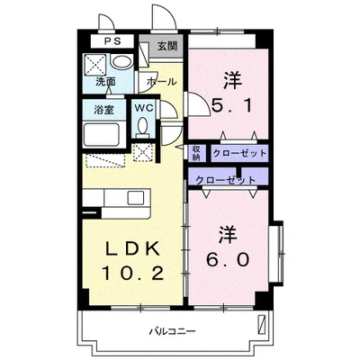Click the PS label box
(112, 41)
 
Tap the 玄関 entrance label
(167, 46)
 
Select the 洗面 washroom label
(105, 82)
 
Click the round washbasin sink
(121, 63)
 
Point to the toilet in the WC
(143, 126)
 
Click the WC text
(144, 108)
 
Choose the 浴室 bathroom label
(104, 110)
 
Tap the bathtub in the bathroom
(102, 135)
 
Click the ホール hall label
(161, 81)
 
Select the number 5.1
(231, 105)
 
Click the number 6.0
(228, 259)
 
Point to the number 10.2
(133, 273)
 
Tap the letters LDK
(132, 248)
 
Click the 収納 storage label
(196, 153)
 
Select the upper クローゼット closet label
(239, 153)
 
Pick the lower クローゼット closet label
(226, 180)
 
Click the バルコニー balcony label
(173, 331)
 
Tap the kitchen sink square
(135, 198)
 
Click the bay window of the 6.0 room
(276, 254)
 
